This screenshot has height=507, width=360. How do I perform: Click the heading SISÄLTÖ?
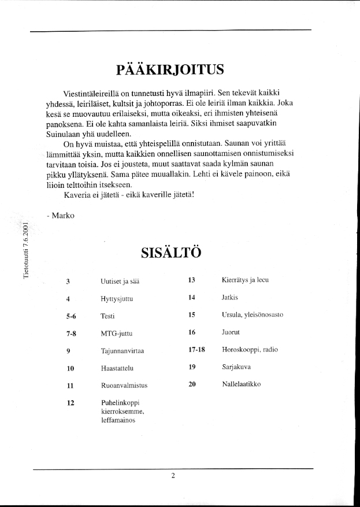point(170,253)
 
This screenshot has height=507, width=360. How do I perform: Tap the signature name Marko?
point(59,215)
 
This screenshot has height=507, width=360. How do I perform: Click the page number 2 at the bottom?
point(173,476)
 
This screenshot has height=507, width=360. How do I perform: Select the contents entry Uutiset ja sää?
point(120,282)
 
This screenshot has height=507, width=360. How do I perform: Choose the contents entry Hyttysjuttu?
point(116,299)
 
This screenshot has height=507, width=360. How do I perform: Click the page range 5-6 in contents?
point(71,316)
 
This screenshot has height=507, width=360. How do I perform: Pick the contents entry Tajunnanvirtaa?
point(121,351)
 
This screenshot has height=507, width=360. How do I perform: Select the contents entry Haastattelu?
point(118,368)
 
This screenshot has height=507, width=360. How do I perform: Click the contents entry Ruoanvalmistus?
point(123,385)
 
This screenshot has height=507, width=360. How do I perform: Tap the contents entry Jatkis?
point(230,298)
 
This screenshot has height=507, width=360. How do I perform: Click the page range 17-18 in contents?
point(197,349)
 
